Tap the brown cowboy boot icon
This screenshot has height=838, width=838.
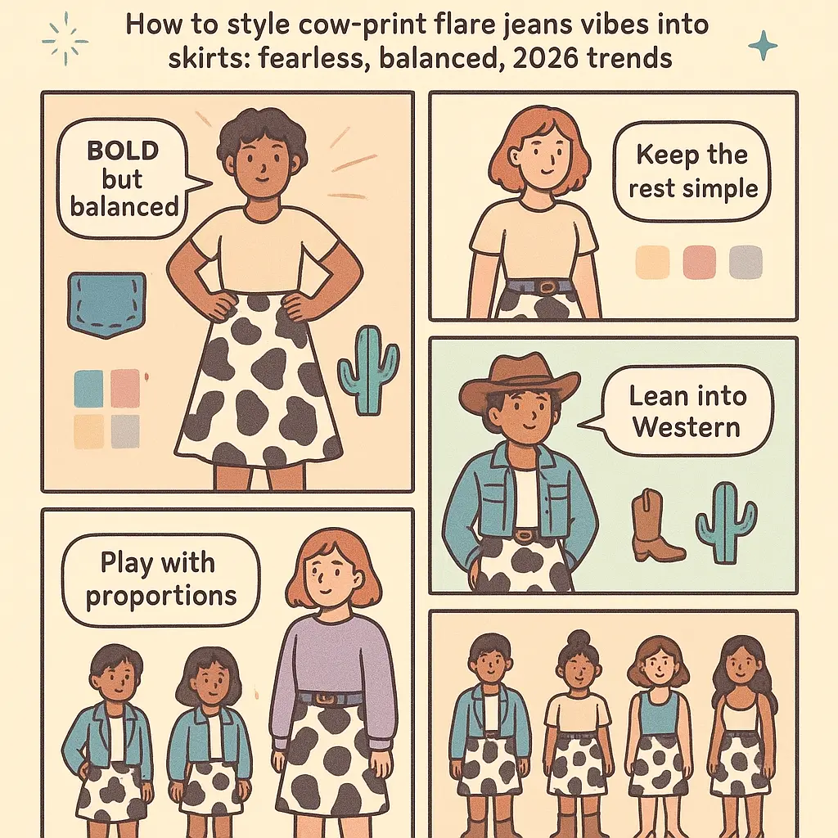tap(656, 525)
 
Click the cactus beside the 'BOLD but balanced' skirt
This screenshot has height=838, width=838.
tap(369, 370)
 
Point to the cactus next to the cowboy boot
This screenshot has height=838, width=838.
tap(726, 522)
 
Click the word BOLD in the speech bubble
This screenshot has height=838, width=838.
tap(123, 151)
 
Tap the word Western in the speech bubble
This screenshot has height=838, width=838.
tap(687, 427)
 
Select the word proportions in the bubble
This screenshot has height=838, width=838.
tap(161, 597)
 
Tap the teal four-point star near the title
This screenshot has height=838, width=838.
tap(763, 46)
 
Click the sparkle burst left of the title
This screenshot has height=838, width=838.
tap(65, 39)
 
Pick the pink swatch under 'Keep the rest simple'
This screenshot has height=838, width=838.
tap(699, 263)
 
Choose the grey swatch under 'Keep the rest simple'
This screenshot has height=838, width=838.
tap(746, 263)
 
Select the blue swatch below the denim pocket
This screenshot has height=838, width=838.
tap(88, 389)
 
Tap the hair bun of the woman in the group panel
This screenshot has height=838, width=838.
tap(577, 638)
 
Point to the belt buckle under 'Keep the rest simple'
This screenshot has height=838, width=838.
tap(547, 288)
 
